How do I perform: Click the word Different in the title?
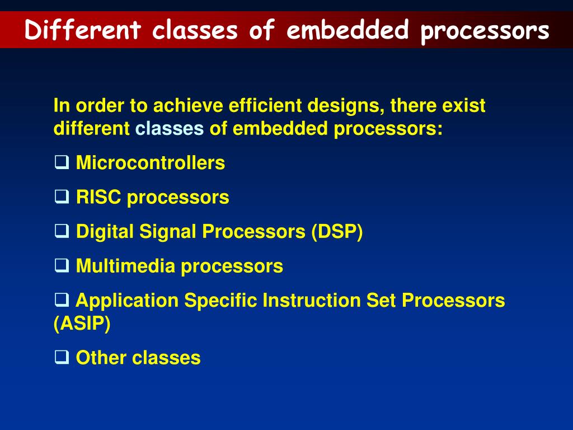[x=83, y=30]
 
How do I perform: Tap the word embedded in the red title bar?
[x=347, y=30]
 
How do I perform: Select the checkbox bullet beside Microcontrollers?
[x=62, y=162]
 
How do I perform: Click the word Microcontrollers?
[x=150, y=163]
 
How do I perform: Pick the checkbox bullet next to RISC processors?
[x=62, y=197]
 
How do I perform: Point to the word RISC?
[x=98, y=197]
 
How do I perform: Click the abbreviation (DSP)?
[x=337, y=231]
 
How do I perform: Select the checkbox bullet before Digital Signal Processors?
[x=62, y=231]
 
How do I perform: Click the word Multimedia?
[x=125, y=266]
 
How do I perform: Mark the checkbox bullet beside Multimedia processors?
[x=62, y=265]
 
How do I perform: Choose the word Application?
[x=127, y=301]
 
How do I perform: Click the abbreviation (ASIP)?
[x=82, y=324]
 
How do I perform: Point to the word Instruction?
[x=312, y=301]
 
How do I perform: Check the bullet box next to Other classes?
[x=62, y=357]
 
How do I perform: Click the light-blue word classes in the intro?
[x=169, y=129]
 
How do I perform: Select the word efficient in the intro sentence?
[x=265, y=106]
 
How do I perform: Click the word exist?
[x=463, y=106]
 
